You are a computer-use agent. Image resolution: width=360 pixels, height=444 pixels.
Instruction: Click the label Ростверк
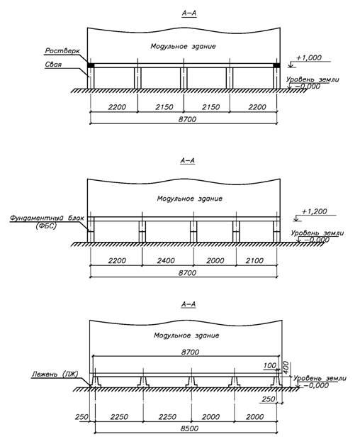tap(62, 51)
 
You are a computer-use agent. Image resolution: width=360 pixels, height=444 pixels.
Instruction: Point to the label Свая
tap(53, 65)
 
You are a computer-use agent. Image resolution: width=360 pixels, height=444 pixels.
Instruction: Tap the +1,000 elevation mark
tap(309, 57)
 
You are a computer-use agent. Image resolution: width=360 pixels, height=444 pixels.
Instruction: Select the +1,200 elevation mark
tap(314, 211)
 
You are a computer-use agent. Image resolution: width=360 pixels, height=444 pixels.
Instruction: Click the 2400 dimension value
tap(166, 260)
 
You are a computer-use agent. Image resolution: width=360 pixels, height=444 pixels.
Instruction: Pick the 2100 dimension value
tap(254, 260)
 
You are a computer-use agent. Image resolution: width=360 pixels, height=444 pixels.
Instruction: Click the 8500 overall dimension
tap(189, 428)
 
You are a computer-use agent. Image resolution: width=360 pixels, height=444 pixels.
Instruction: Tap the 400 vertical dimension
tap(286, 367)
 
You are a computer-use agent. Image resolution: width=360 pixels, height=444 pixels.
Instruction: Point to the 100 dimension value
tap(270, 366)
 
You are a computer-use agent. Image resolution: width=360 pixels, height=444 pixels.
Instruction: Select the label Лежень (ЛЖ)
tap(55, 374)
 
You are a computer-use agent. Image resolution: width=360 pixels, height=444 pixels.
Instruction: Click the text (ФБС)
tap(46, 226)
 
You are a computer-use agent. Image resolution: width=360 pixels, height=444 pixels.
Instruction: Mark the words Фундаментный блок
tap(47, 218)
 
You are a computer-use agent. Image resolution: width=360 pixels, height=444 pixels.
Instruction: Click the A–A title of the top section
tap(189, 13)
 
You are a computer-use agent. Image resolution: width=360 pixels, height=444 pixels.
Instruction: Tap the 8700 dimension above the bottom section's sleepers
tap(190, 352)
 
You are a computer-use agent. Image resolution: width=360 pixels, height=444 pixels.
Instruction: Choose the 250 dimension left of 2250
tap(81, 417)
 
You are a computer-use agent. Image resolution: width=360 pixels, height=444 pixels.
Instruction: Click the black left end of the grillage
tap(91, 65)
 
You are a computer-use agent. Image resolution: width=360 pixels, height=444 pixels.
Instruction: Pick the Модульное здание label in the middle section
tap(190, 199)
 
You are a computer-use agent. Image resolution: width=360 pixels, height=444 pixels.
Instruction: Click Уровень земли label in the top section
tap(313, 79)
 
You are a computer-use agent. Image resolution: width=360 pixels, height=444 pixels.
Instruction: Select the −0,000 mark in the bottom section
tap(316, 385)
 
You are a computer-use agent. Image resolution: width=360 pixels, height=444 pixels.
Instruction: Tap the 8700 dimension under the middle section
tap(187, 273)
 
